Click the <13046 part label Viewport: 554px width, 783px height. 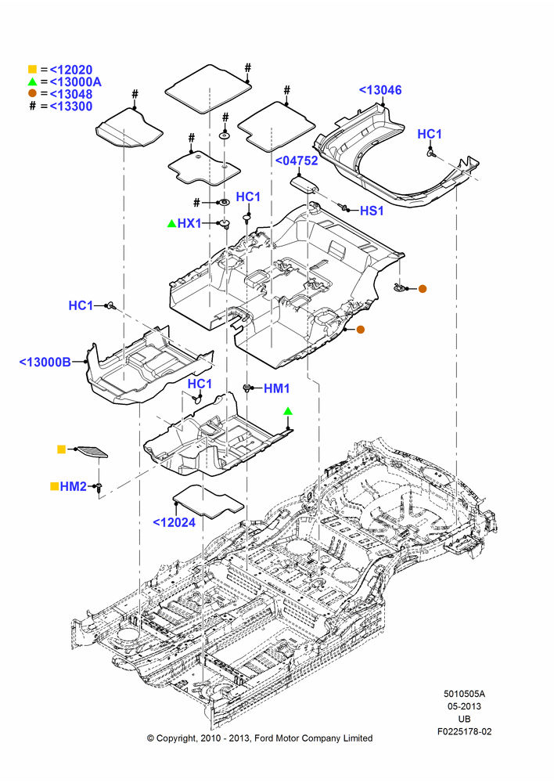click(380, 90)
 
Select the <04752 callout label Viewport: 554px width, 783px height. click(297, 161)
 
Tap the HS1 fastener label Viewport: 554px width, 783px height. click(372, 211)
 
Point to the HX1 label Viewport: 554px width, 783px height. click(189, 223)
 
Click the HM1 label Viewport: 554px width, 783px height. click(276, 388)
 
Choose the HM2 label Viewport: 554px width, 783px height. click(74, 486)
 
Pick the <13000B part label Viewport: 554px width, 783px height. click(45, 362)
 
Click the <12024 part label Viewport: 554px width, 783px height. click(174, 522)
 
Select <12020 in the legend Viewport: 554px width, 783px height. click(71, 70)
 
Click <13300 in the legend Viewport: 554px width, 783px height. click(71, 106)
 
